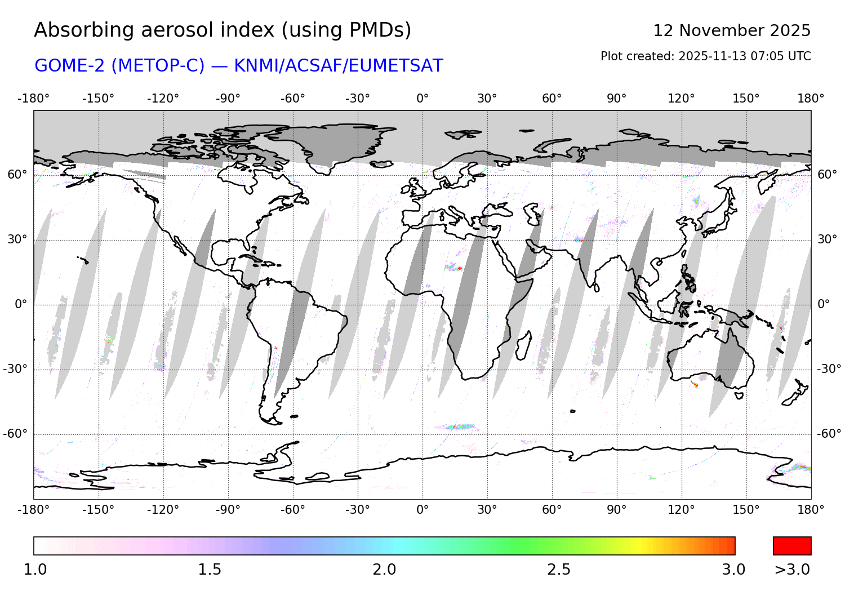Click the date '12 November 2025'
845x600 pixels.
click(x=731, y=30)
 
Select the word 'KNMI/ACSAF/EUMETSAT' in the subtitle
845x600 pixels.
click(x=338, y=66)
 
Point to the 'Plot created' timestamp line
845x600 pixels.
click(x=705, y=56)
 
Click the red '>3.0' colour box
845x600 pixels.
click(x=792, y=546)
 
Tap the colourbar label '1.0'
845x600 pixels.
click(x=35, y=570)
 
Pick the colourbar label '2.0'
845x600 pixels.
click(x=384, y=570)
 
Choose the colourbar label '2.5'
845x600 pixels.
click(x=559, y=570)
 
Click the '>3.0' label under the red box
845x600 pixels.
click(x=792, y=570)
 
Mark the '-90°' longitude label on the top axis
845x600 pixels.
click(x=228, y=99)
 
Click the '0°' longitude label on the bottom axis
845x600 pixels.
click(x=422, y=510)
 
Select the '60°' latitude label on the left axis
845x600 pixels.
click(x=17, y=175)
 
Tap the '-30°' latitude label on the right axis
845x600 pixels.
click(x=829, y=369)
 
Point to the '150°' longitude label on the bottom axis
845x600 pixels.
click(x=746, y=510)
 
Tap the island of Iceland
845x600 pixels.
click(x=382, y=164)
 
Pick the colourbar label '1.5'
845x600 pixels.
click(x=210, y=570)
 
